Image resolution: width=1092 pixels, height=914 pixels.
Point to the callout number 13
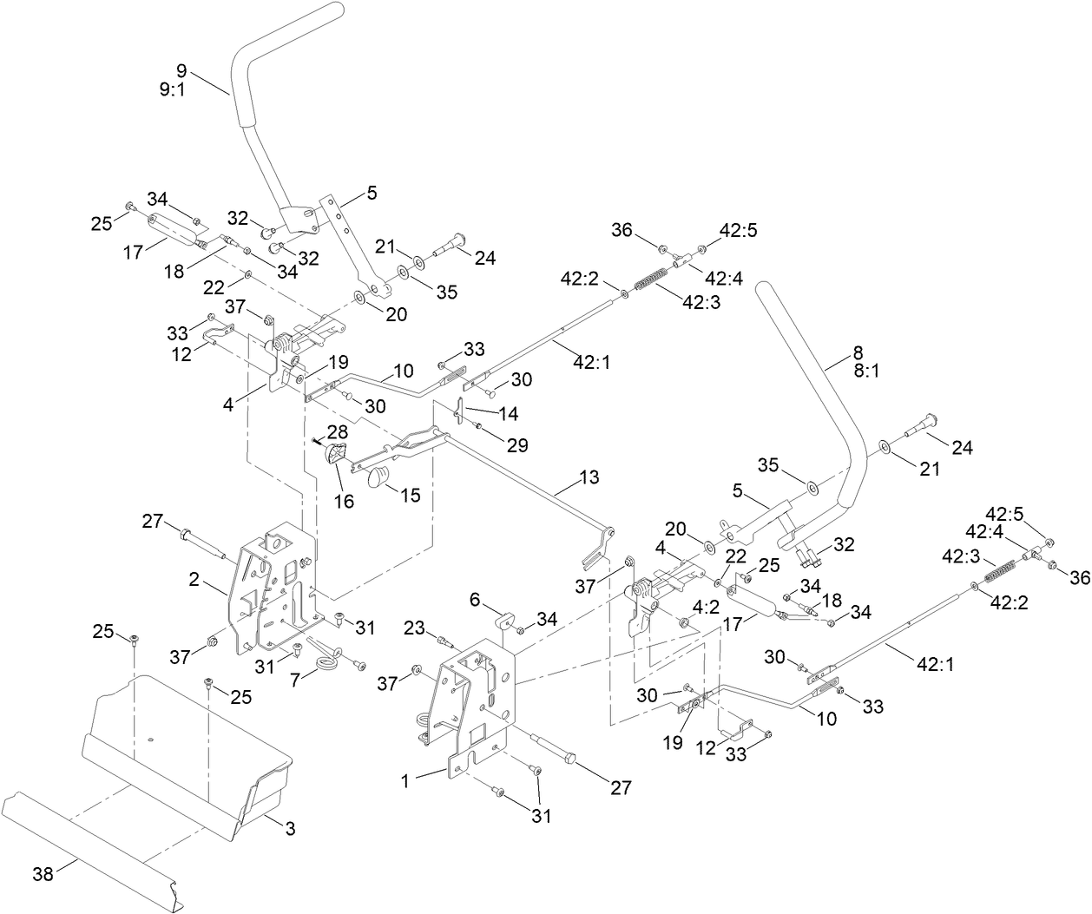click(589, 477)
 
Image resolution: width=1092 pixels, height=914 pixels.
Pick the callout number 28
click(336, 431)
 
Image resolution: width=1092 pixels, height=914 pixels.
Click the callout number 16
click(345, 501)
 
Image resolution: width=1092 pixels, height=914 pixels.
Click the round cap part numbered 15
click(378, 477)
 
